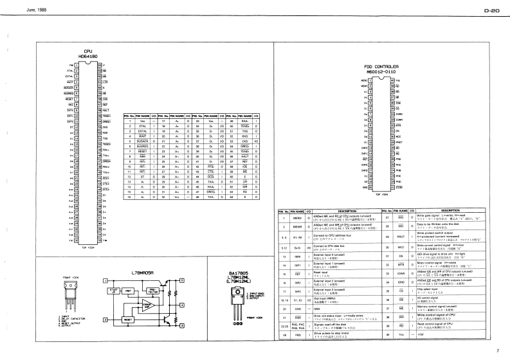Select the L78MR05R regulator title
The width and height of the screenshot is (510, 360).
click(143, 273)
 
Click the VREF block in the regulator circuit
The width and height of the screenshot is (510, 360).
click(129, 290)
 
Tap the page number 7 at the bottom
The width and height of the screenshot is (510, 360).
click(497, 350)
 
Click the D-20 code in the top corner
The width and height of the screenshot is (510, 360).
click(492, 11)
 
